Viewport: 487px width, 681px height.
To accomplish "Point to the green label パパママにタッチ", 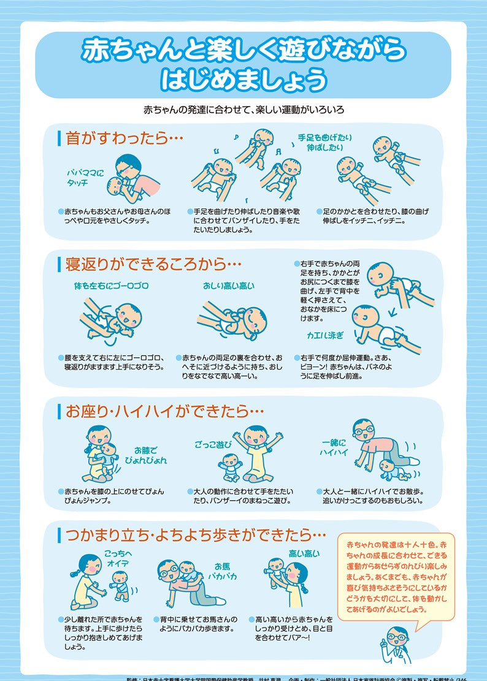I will pyautogui.click(x=86, y=178).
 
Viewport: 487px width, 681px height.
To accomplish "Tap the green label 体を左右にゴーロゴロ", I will pyautogui.click(x=111, y=286).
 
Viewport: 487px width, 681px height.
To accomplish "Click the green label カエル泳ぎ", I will pyautogui.click(x=325, y=335).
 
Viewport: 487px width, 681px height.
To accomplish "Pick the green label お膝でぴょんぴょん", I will pyautogui.click(x=150, y=455).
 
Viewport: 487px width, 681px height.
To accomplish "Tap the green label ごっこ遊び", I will pyautogui.click(x=213, y=443).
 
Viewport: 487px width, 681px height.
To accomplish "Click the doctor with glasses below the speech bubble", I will pyautogui.click(x=395, y=644).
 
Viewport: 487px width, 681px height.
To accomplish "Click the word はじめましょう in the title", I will pyautogui.click(x=243, y=78).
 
